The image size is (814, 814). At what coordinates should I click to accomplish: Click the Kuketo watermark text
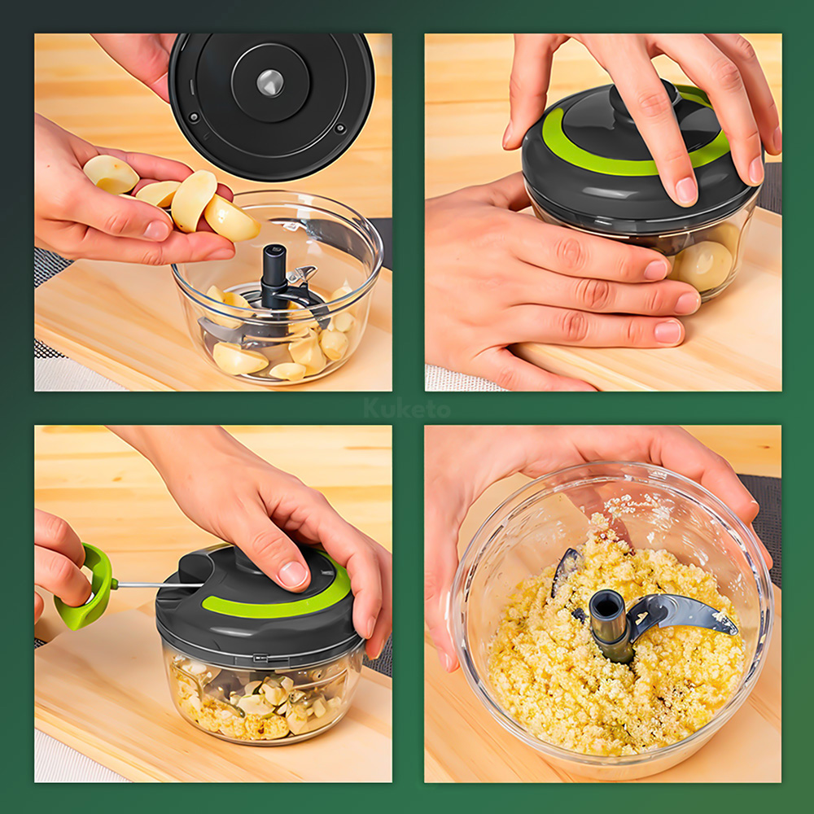coord(407,408)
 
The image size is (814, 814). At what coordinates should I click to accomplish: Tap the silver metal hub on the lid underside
coord(270,82)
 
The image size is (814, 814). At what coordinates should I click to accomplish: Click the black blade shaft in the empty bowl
coord(273,276)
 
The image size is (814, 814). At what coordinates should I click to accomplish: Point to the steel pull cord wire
coord(160,584)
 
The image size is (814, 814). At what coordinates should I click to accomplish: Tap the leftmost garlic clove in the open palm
coord(111,174)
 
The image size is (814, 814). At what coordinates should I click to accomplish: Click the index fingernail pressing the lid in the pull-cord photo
coord(293,574)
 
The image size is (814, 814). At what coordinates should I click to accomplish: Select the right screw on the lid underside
coord(340,128)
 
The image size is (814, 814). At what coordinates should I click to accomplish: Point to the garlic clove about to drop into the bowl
coord(231,218)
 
